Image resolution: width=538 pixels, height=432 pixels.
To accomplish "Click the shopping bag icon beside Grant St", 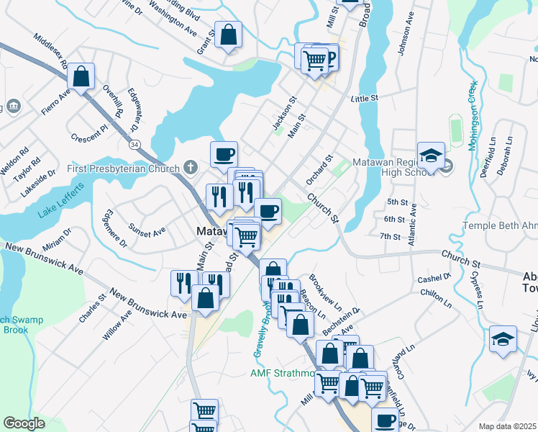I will coord(228,35).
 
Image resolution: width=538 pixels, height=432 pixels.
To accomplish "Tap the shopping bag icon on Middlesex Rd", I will coord(82,76).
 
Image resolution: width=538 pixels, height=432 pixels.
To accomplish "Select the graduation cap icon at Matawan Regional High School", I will coord(431,156).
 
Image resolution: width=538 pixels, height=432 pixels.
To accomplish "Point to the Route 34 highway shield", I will coord(134,145).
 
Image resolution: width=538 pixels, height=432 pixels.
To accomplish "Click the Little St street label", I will coord(365,98).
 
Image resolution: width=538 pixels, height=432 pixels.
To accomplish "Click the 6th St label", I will coord(395,219).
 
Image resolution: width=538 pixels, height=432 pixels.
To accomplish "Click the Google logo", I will coord(24,423).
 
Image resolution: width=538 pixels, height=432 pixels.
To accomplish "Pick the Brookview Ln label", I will coord(323,288).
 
